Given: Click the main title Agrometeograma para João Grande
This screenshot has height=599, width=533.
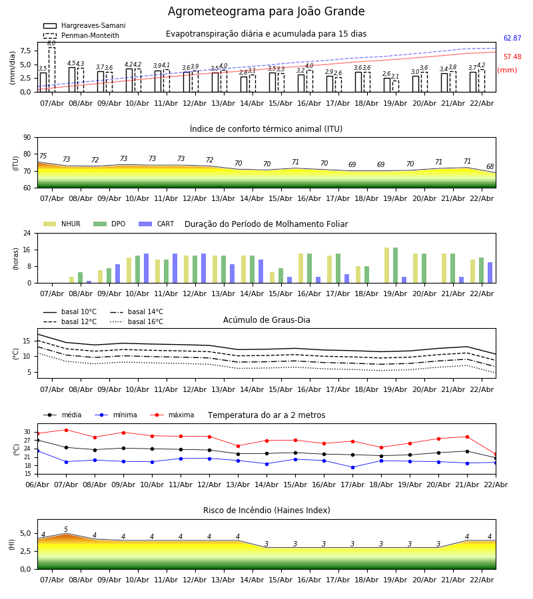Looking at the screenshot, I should pyautogui.click(x=266, y=12).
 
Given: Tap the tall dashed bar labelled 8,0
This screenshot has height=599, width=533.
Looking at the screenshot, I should pyautogui.click(x=52, y=69).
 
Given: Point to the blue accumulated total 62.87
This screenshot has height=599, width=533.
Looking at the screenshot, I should pyautogui.click(x=512, y=39).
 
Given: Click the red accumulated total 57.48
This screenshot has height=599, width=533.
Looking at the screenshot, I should pyautogui.click(x=512, y=57).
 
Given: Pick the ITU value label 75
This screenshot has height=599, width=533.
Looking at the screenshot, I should pyautogui.click(x=43, y=156).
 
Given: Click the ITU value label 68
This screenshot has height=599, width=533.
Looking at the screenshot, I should pyautogui.click(x=490, y=167).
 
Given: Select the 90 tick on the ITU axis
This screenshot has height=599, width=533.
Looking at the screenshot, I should pyautogui.click(x=27, y=137).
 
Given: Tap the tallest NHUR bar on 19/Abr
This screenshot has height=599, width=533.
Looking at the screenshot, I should pyautogui.click(x=387, y=265).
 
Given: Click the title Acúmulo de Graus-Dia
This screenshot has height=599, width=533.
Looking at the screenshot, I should pyautogui.click(x=266, y=320).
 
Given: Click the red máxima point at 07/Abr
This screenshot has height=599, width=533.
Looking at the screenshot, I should pyautogui.click(x=66, y=430).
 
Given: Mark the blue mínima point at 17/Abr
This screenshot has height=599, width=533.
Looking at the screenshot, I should pyautogui.click(x=352, y=467).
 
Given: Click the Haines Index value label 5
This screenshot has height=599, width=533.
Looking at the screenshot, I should pyautogui.click(x=66, y=530).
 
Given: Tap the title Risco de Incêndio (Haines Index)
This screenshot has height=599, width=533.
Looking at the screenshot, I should pyautogui.click(x=266, y=510).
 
